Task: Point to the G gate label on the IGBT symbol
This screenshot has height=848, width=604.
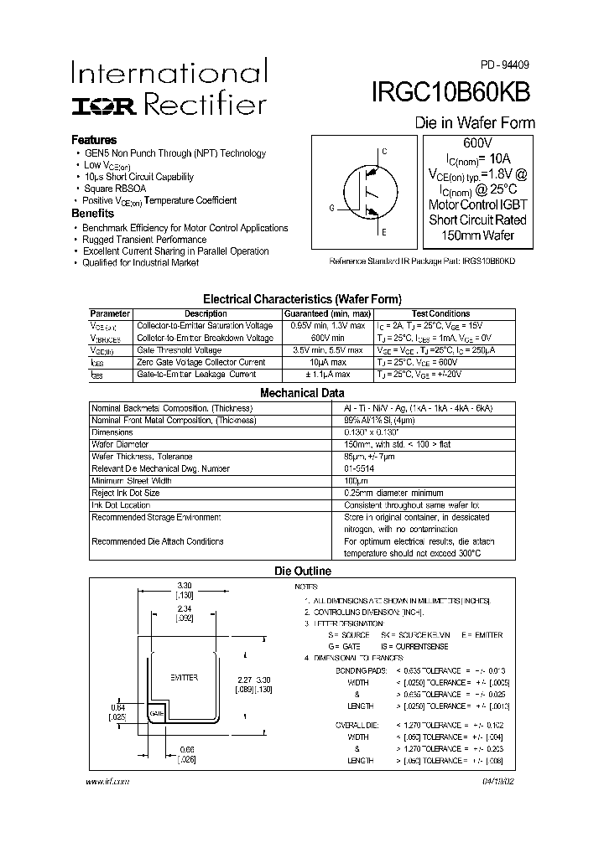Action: [x=331, y=207]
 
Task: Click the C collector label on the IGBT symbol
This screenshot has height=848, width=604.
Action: [x=384, y=152]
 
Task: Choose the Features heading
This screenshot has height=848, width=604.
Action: [x=94, y=140]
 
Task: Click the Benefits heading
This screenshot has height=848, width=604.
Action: [x=93, y=214]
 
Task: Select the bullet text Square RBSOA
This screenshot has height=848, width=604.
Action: [x=115, y=189]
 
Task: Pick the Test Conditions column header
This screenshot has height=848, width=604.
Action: [x=440, y=313]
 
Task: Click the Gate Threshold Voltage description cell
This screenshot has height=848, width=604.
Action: [x=180, y=350]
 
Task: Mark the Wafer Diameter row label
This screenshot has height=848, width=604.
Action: [x=120, y=444]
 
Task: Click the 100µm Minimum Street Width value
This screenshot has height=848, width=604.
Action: [x=357, y=481]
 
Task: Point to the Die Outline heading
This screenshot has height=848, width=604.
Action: [x=303, y=571]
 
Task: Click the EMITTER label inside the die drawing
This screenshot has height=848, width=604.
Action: [x=184, y=675]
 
